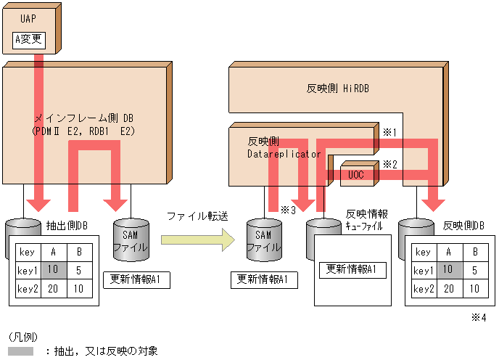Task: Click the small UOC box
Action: point(355,175)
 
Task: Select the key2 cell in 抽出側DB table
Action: point(28,288)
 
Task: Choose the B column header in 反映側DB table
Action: point(474,253)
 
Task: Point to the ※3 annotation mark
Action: point(287,210)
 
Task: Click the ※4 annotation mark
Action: point(478,317)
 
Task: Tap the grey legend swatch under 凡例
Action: point(21,351)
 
